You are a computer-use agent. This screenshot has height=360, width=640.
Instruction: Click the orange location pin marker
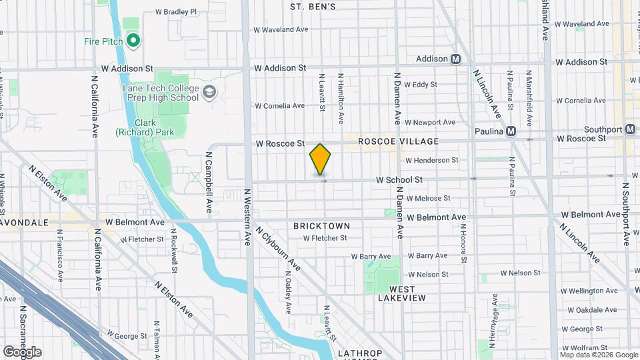click(x=320, y=159)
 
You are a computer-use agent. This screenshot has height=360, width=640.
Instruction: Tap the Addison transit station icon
click(x=456, y=59)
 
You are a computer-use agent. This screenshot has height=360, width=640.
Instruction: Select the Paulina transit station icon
click(x=511, y=131)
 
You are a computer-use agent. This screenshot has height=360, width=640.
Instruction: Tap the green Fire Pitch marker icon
click(x=133, y=41)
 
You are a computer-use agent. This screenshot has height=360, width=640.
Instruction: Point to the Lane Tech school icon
click(x=211, y=91)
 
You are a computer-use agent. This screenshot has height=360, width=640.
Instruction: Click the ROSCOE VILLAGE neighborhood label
click(x=398, y=141)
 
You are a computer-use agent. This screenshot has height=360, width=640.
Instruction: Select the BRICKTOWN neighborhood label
click(x=321, y=226)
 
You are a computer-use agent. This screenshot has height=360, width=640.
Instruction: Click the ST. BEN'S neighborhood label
click(x=313, y=7)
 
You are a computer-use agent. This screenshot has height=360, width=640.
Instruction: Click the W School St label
click(x=399, y=179)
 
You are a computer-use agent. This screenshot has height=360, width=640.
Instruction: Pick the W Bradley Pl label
click(x=176, y=11)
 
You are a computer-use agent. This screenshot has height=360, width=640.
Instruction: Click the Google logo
click(x=22, y=351)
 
